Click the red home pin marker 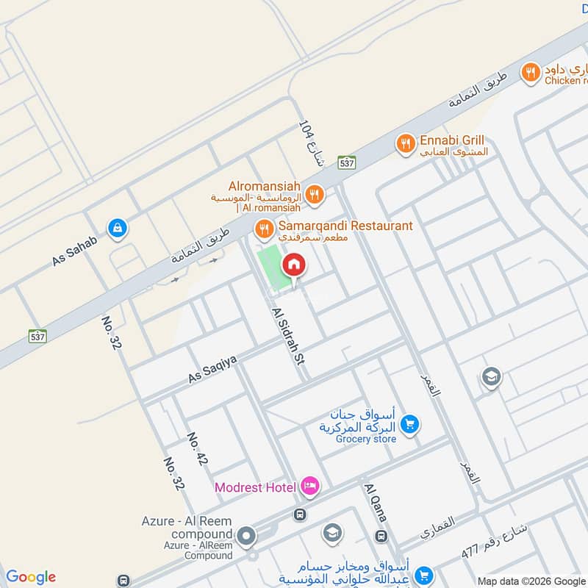pos(294,265)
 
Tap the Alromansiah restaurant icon pos(315,193)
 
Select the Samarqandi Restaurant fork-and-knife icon pos(263,230)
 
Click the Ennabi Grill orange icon pos(404,144)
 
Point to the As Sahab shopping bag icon pos(116,229)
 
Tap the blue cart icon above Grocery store pos(410,424)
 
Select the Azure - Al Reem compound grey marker pos(246,537)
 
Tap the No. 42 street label pos(196,448)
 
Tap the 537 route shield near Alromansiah pos(347,162)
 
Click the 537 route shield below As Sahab pos(38,336)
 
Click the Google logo pos(31,577)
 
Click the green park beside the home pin pos(270,268)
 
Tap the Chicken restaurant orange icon pos(530,73)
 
